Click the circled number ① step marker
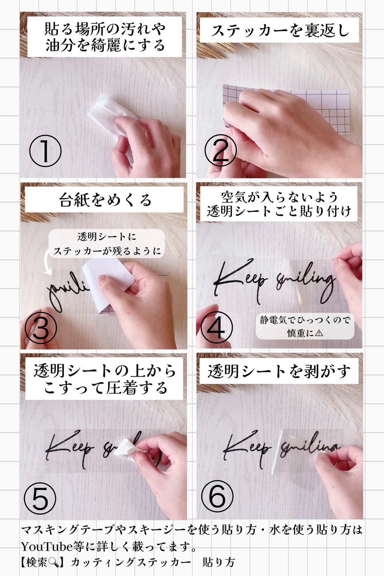(x=45, y=151)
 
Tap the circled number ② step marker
(x=221, y=150)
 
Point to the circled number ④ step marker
(x=217, y=327)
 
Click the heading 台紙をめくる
(x=105, y=200)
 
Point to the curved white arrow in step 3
(x=47, y=263)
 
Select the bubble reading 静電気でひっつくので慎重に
(x=305, y=326)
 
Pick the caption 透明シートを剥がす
(x=279, y=371)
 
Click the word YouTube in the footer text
(x=47, y=547)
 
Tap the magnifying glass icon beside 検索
(x=53, y=562)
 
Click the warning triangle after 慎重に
(x=319, y=333)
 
